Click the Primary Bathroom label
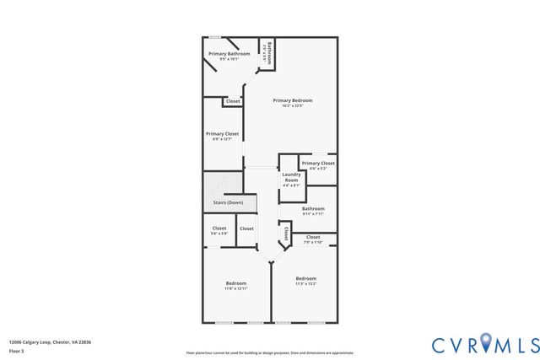tap(229, 54)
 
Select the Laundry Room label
tap(291, 177)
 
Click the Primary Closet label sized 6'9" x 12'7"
tap(222, 133)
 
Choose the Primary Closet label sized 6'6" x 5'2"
tap(318, 163)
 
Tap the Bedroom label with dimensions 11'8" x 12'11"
tap(235, 282)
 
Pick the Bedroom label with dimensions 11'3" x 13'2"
tap(305, 278)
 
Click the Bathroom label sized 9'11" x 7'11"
tap(313, 208)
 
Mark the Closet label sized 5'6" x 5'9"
tap(219, 228)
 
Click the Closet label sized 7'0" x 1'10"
tap(313, 237)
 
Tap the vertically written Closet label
tap(286, 233)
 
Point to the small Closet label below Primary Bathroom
tap(233, 101)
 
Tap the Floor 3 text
tap(17, 350)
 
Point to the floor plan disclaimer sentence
tap(270, 353)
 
